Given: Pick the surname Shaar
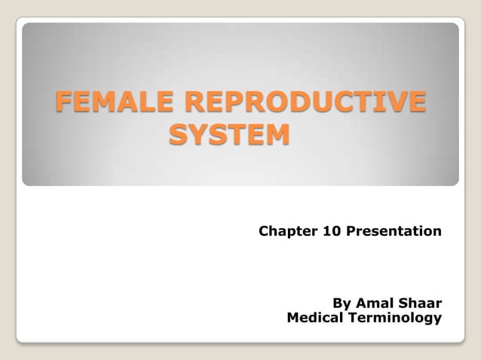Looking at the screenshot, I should click(421, 303).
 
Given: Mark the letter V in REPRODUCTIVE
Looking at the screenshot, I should click(393, 103).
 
